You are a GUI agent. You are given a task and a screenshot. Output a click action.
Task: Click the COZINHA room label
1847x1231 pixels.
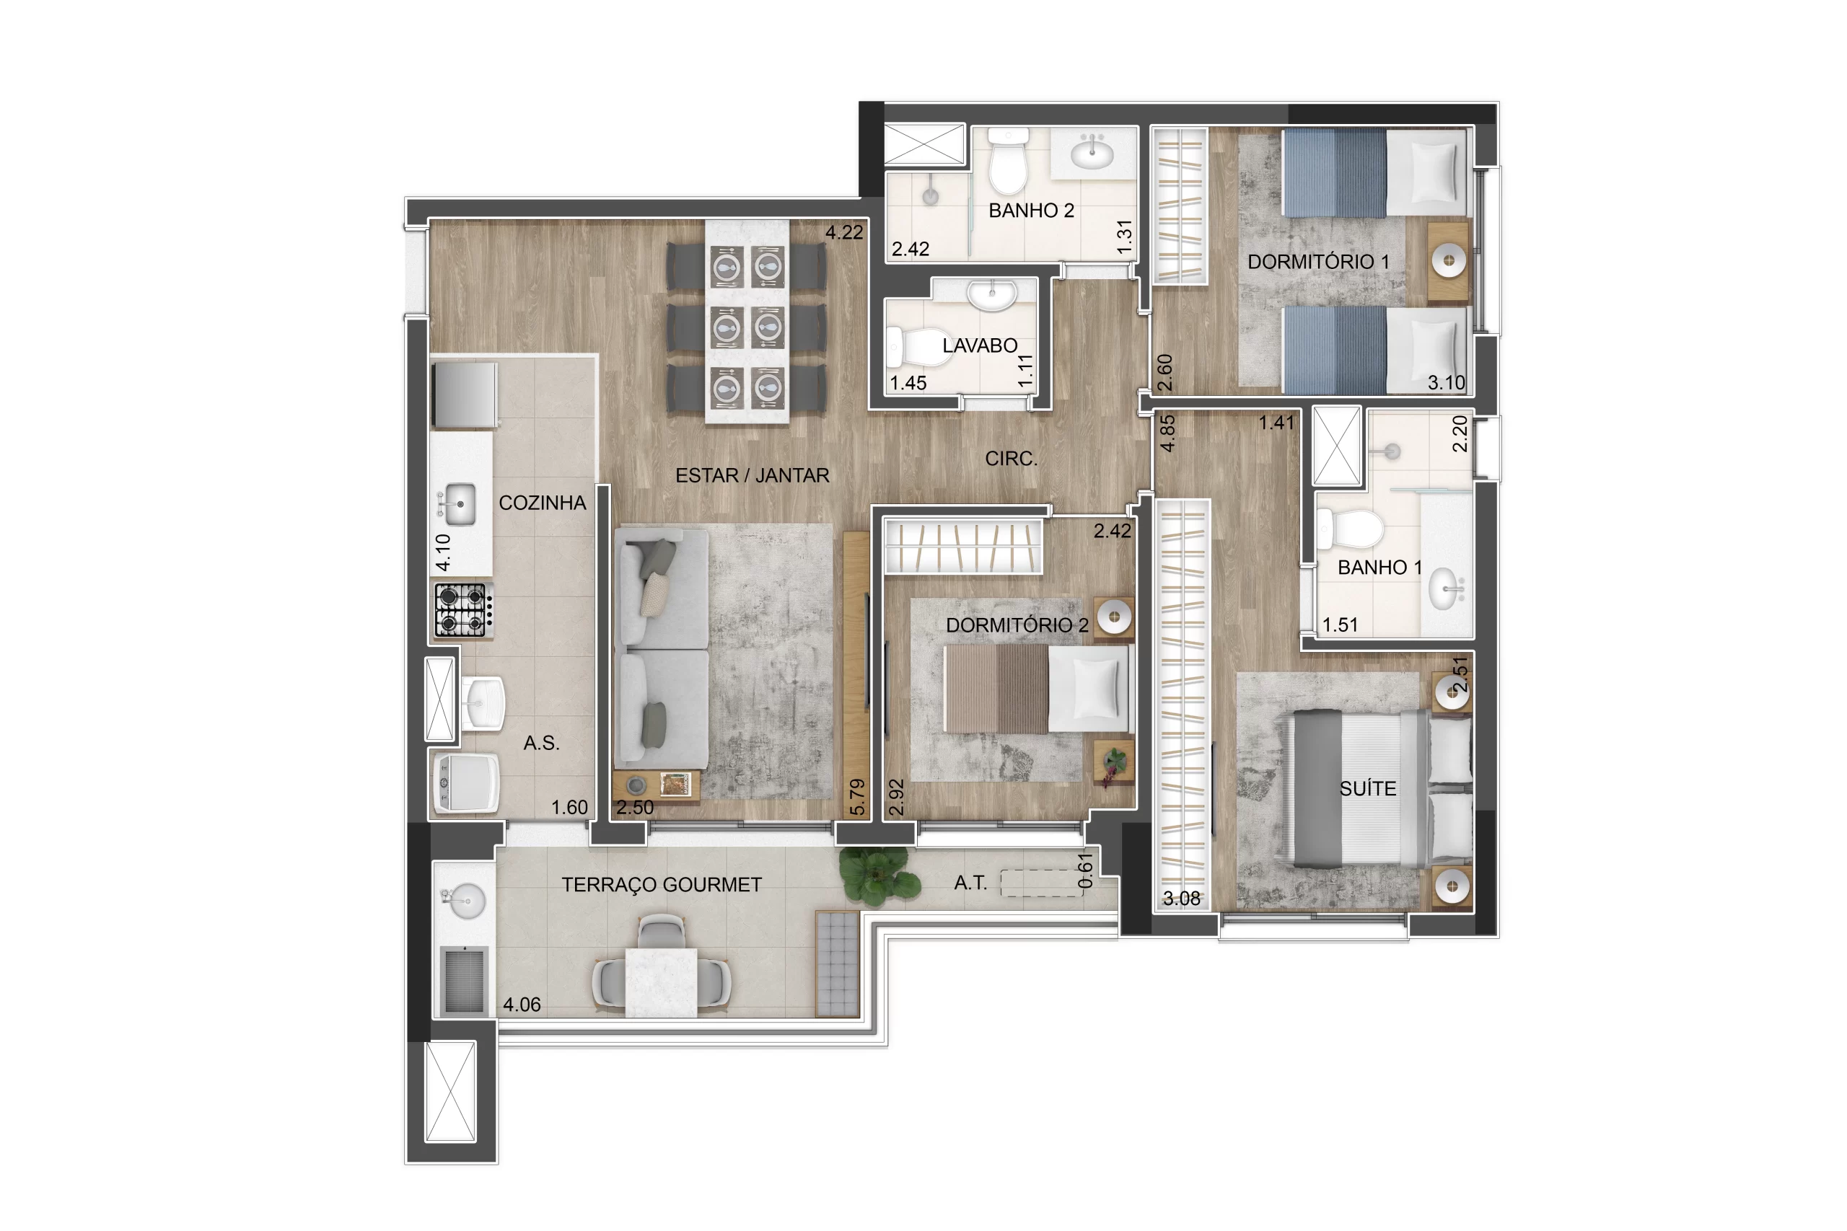coord(542,503)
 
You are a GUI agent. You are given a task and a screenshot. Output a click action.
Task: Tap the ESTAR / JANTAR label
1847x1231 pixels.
coord(752,475)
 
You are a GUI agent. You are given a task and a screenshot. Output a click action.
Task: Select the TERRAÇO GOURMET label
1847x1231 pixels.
coord(661,885)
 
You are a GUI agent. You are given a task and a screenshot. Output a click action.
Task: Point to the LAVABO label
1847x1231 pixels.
coord(979,345)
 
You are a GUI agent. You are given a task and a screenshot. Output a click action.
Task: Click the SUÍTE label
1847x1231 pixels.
coord(1367,788)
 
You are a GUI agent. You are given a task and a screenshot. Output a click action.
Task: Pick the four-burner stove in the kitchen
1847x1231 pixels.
coord(462,610)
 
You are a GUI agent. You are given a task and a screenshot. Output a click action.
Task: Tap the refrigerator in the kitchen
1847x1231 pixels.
coord(465,394)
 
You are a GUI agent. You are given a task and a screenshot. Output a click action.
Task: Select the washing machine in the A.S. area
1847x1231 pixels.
coord(467,782)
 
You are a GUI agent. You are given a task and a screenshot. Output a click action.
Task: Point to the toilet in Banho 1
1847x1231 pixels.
coord(1348,529)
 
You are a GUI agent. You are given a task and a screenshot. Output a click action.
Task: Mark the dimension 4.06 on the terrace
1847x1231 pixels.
coord(522,1004)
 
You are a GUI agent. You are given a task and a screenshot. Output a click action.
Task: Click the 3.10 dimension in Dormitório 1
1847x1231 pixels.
coord(1446,382)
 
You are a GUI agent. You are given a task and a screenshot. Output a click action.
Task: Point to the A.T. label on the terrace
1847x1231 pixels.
coord(970,883)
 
